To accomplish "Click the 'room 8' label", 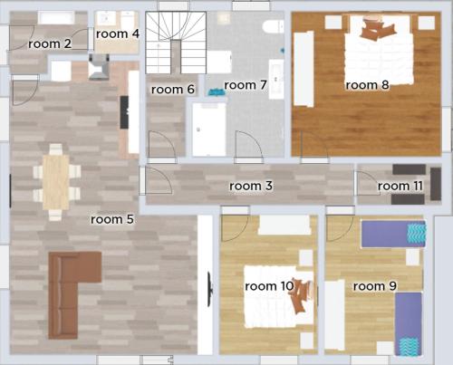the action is click(x=367, y=85).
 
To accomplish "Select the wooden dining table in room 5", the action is click(x=56, y=182).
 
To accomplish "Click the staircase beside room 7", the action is click(x=176, y=43).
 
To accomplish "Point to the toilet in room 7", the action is click(x=273, y=26).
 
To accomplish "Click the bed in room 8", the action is click(x=379, y=50).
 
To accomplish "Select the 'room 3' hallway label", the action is click(x=251, y=186).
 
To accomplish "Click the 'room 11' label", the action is click(x=400, y=186).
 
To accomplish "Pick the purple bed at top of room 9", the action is click(x=393, y=234).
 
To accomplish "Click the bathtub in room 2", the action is click(x=56, y=18).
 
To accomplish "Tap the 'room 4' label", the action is click(x=118, y=34).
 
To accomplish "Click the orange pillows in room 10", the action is click(x=302, y=295).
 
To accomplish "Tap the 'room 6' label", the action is click(x=173, y=90).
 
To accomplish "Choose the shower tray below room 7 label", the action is click(x=209, y=130).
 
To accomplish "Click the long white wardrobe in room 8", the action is click(x=304, y=69).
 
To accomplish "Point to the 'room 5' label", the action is click(x=112, y=219).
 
